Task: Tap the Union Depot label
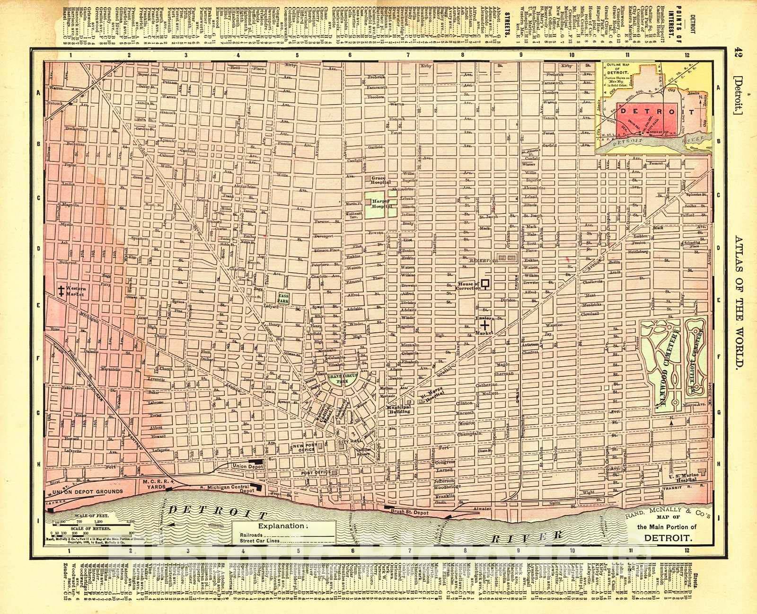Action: click(x=244, y=466)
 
